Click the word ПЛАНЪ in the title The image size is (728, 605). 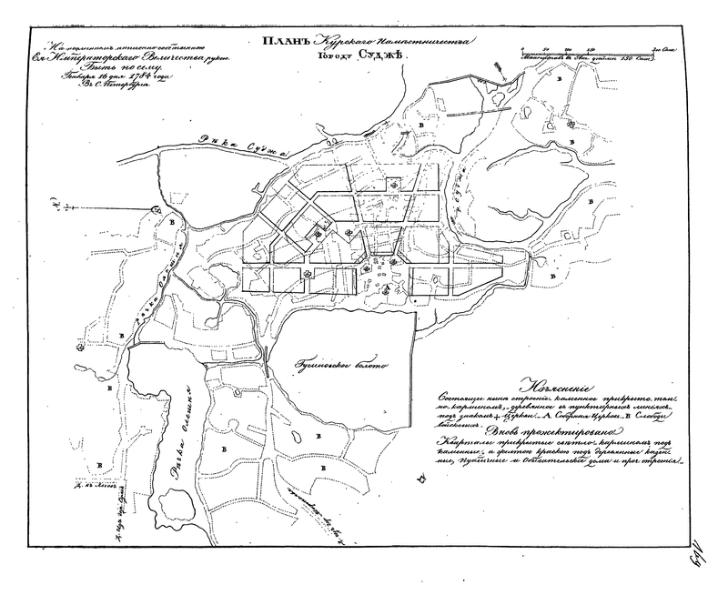[x=283, y=40]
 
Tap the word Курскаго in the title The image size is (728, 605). [x=339, y=40]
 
